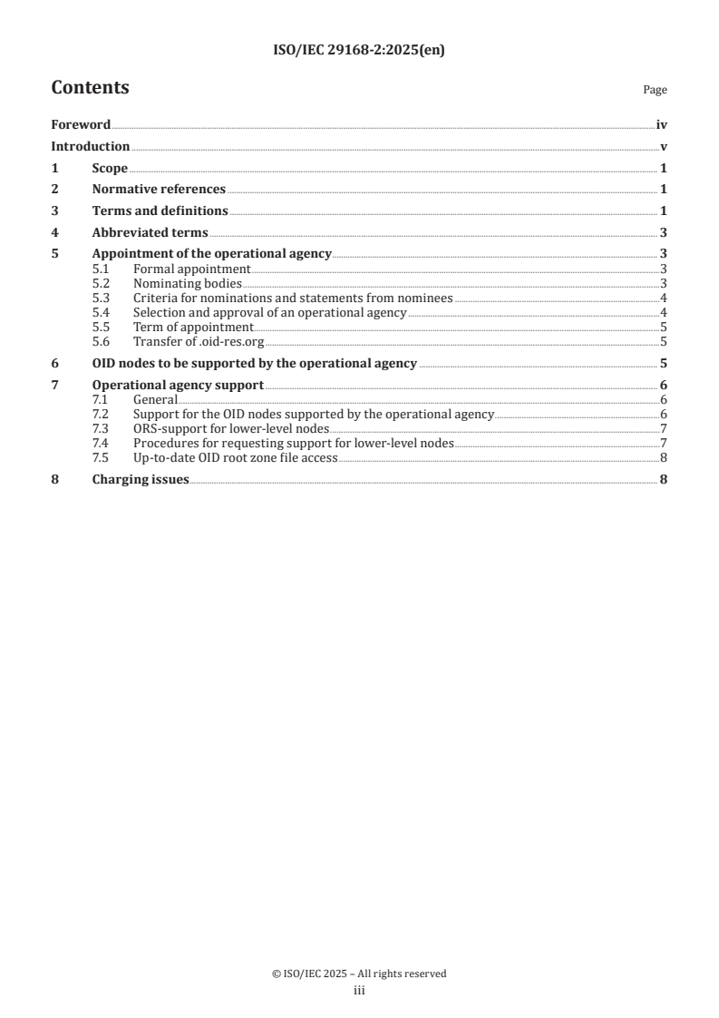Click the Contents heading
click(90, 88)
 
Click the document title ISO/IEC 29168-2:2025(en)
click(359, 51)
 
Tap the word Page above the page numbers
click(655, 91)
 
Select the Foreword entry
click(81, 125)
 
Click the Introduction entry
click(91, 147)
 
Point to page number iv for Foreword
click(662, 125)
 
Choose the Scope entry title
click(110, 169)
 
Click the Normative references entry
click(159, 190)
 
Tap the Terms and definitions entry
click(160, 211)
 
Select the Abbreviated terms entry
click(150, 232)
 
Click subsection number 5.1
click(102, 269)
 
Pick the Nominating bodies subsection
click(188, 283)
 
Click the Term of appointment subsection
click(193, 327)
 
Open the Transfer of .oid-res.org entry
click(199, 342)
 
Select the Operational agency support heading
click(178, 386)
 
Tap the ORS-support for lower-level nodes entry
click(230, 428)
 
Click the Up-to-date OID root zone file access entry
click(235, 458)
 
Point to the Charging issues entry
click(141, 480)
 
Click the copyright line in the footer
click(359, 974)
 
